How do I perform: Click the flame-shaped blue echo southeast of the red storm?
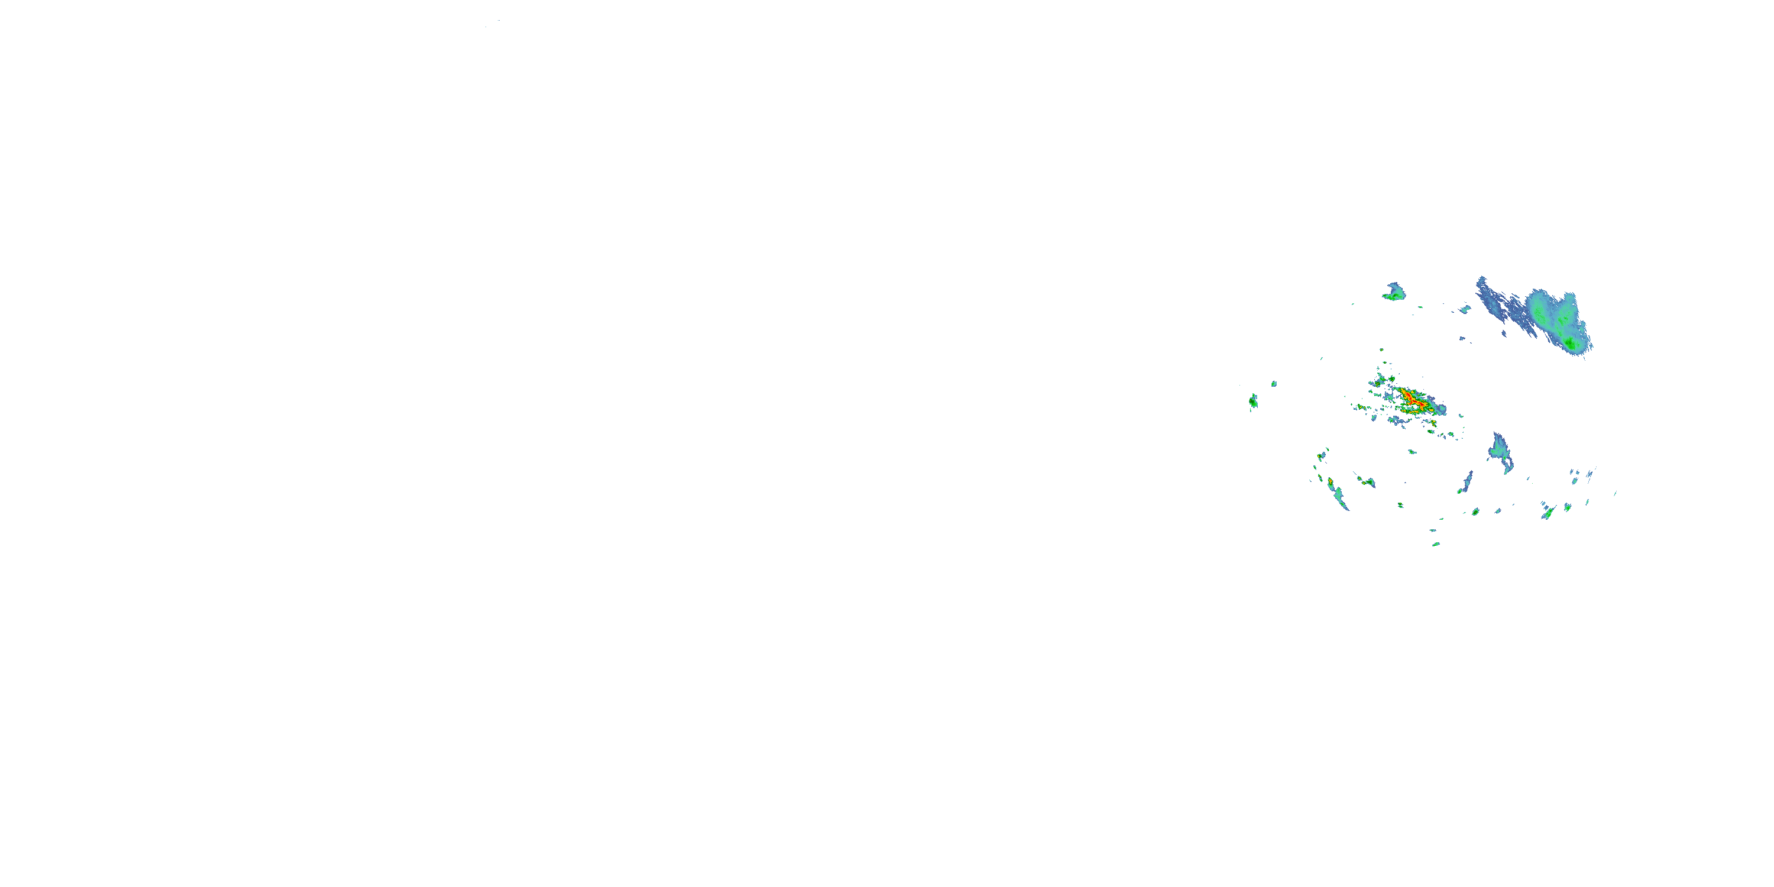pyautogui.click(x=1501, y=451)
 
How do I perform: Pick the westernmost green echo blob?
pyautogui.click(x=1252, y=401)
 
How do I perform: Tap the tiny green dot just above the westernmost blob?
pyautogui.click(x=1274, y=384)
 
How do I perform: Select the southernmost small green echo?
pyautogui.click(x=1436, y=544)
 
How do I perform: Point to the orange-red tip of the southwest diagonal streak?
pyautogui.click(x=1330, y=481)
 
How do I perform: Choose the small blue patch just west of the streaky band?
pyautogui.click(x=1465, y=309)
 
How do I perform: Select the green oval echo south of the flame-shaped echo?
pyautogui.click(x=1476, y=512)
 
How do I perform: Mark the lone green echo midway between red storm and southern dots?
pyautogui.click(x=1412, y=452)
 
